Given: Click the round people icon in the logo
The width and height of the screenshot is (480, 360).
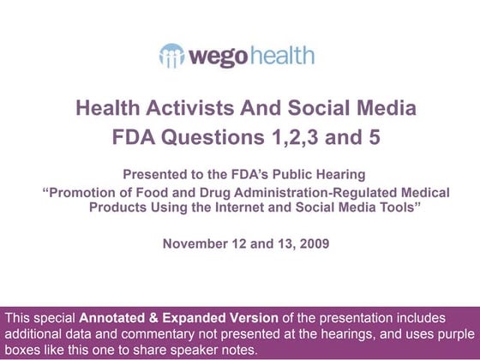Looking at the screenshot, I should [172, 57].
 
